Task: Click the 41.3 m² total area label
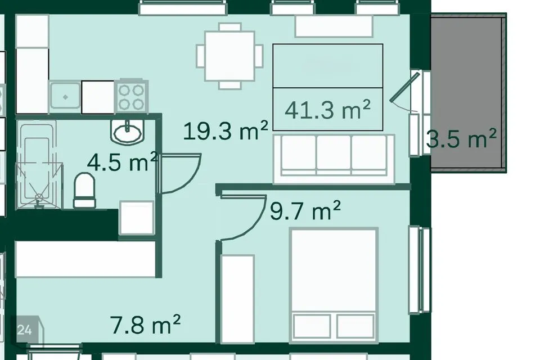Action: (327, 110)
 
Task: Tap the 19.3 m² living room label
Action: (226, 130)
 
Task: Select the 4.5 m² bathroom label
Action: (123, 161)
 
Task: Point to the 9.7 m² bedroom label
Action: (305, 210)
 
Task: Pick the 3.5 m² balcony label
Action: (461, 138)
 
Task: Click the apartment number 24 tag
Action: (24, 330)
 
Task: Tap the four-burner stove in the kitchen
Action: (131, 97)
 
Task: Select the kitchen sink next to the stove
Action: (65, 97)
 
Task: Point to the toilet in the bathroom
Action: (85, 190)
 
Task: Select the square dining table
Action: (229, 56)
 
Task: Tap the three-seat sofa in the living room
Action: (334, 159)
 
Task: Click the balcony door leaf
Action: (405, 87)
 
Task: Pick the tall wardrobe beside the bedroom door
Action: (237, 299)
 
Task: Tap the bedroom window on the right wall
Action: (420, 270)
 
